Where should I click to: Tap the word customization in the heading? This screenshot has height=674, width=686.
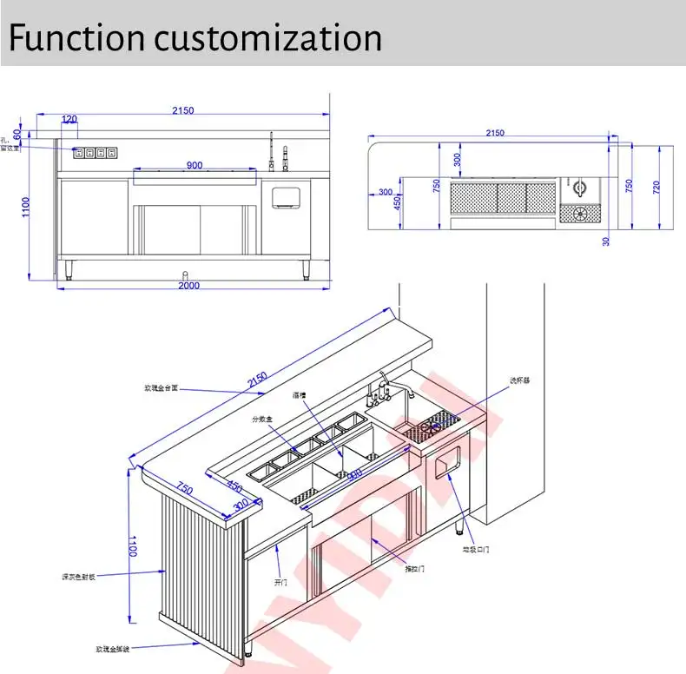click(x=268, y=38)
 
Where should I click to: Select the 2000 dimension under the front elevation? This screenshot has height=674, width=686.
click(x=189, y=286)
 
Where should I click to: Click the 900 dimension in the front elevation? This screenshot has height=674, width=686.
click(x=195, y=166)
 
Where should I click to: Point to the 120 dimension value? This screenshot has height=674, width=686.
click(x=69, y=119)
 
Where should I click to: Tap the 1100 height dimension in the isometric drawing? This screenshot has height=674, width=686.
click(x=133, y=546)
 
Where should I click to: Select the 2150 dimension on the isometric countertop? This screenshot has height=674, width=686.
click(x=258, y=380)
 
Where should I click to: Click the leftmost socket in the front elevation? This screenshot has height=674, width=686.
click(x=79, y=154)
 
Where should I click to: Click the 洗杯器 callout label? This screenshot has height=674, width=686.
click(x=519, y=380)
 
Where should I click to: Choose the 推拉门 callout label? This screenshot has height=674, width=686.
click(x=415, y=569)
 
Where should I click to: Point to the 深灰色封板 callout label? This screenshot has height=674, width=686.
click(x=77, y=576)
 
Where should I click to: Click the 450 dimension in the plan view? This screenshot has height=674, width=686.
click(x=398, y=202)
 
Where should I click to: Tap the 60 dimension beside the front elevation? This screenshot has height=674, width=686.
click(x=16, y=134)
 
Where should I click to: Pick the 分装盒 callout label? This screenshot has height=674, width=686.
click(x=262, y=420)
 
